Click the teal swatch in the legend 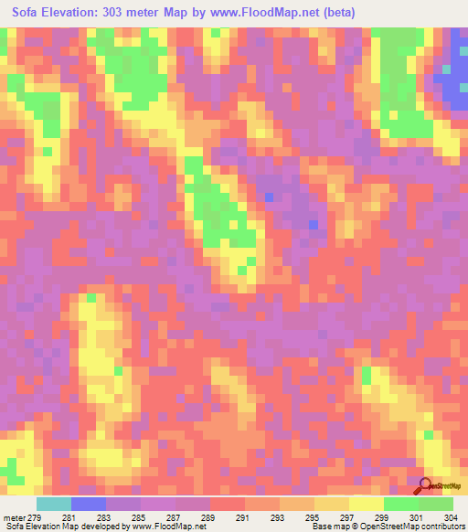pyautogui.click(x=54, y=504)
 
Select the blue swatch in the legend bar pyautogui.click(x=89, y=504)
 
